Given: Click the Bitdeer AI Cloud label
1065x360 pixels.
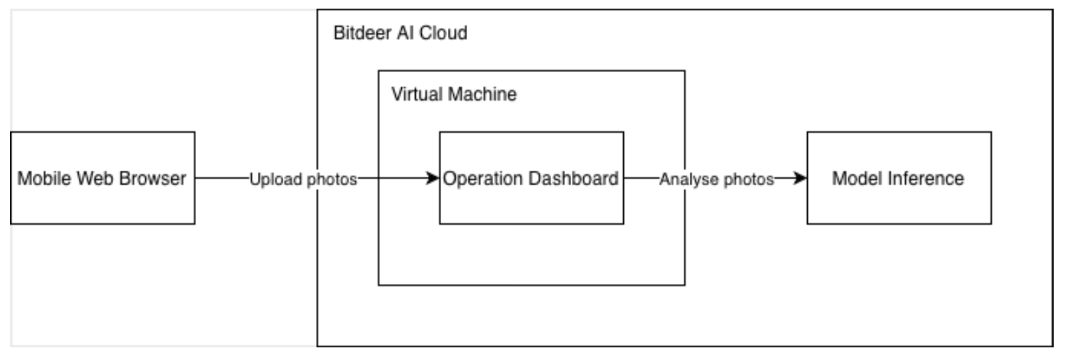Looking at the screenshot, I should [400, 33].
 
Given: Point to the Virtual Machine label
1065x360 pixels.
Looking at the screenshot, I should [453, 94].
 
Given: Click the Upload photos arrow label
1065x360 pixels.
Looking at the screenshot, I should [303, 179].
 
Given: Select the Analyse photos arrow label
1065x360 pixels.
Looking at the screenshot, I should [716, 179].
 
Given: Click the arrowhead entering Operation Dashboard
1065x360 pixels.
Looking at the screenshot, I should [433, 178].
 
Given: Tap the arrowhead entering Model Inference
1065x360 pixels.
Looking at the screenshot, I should [800, 178].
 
